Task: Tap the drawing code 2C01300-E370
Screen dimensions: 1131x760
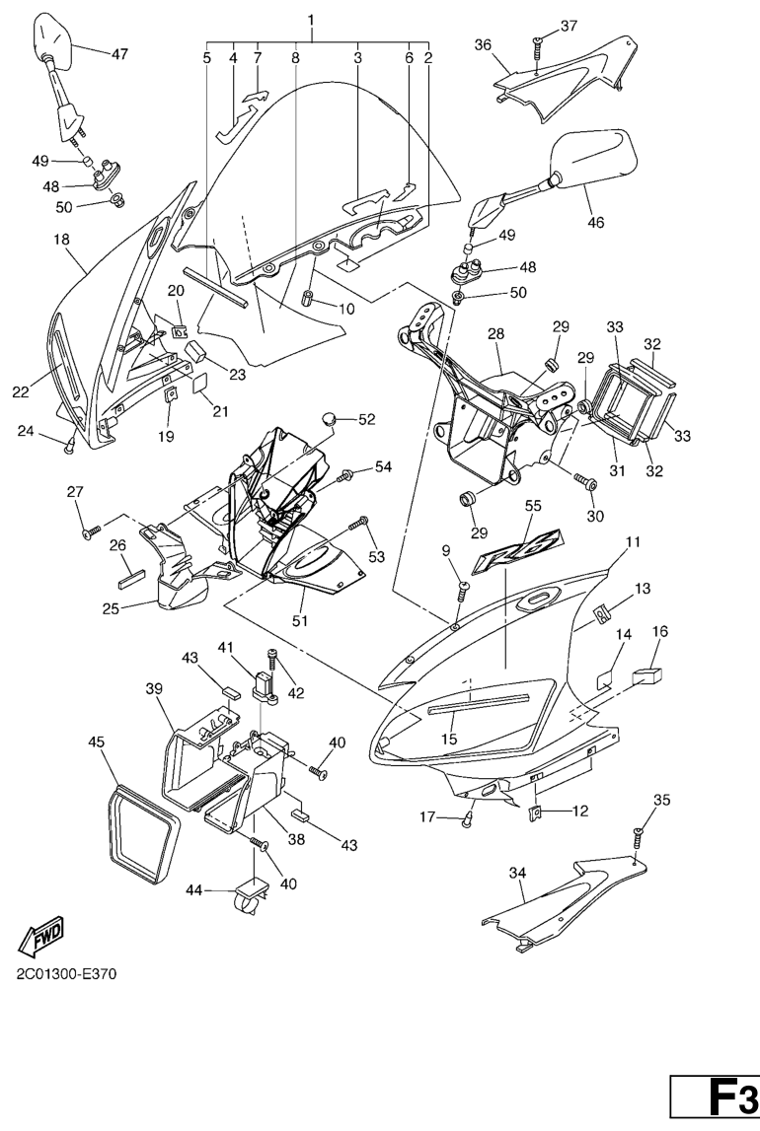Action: [x=66, y=975]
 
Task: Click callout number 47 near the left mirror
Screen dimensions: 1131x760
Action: [x=118, y=54]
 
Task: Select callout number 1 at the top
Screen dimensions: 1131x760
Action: [x=311, y=20]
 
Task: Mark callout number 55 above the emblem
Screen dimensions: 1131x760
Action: [x=532, y=505]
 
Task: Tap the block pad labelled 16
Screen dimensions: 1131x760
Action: [x=648, y=675]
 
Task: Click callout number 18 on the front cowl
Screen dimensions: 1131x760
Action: [x=60, y=239]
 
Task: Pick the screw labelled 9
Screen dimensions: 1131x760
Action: [x=464, y=590]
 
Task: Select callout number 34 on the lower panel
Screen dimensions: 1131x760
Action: [x=517, y=873]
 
